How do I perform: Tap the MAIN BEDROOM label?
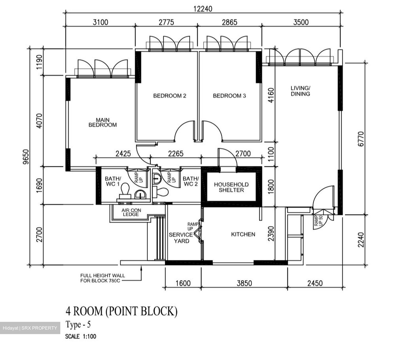click(102, 123)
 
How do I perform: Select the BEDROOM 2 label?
click(169, 96)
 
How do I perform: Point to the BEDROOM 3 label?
click(229, 96)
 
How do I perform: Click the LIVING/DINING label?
click(300, 91)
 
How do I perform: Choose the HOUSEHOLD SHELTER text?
click(231, 187)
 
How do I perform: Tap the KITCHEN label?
click(243, 234)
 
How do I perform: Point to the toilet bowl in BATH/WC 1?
click(125, 189)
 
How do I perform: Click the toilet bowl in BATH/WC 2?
click(162, 192)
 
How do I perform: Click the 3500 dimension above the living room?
click(301, 22)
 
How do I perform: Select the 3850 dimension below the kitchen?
click(244, 283)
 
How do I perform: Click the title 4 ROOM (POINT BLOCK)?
click(121, 311)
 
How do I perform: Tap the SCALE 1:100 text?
click(80, 336)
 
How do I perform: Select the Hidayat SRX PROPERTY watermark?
click(30, 328)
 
